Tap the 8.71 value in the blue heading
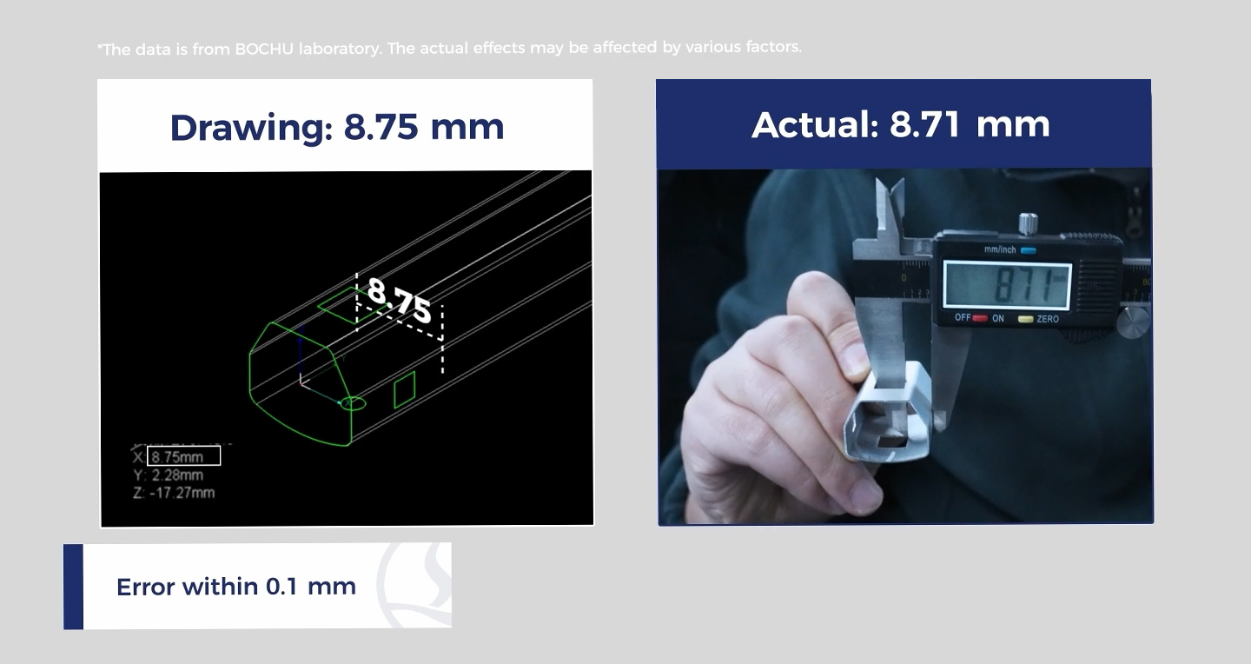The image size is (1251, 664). [x=925, y=124]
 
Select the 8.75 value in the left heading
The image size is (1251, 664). [x=381, y=127]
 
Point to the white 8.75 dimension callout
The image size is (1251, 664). [x=399, y=300]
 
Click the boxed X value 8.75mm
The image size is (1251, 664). [x=184, y=456]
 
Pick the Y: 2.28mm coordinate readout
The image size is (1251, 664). [x=169, y=475]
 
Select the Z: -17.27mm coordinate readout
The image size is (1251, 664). [x=174, y=493]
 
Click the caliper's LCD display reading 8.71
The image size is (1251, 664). [x=1007, y=284]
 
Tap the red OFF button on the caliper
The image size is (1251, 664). [x=980, y=319]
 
